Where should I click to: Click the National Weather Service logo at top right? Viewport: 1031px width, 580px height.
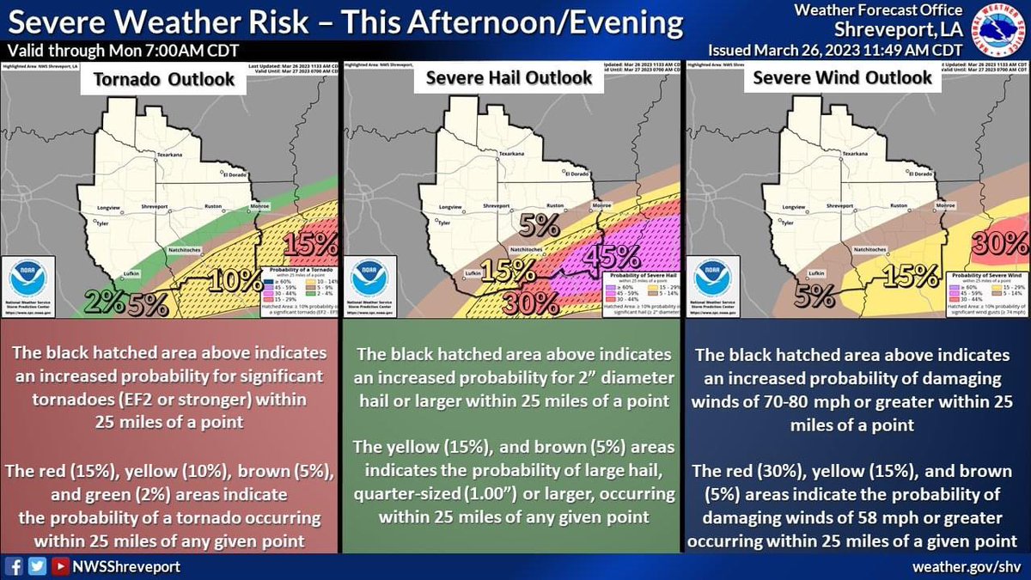pyautogui.click(x=1001, y=27)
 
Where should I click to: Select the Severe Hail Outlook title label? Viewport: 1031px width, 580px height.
pyautogui.click(x=510, y=78)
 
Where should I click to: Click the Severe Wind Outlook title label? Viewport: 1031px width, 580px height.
pyautogui.click(x=842, y=77)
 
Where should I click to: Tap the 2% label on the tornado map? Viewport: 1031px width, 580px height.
pyautogui.click(x=104, y=302)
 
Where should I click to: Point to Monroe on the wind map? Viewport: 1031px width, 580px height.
pyautogui.click(x=944, y=206)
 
